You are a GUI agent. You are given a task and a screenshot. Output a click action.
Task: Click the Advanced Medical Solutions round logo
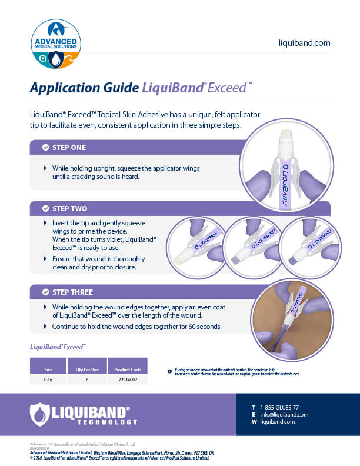pos(55,44)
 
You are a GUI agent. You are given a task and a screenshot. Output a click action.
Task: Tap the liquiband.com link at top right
pos(304,43)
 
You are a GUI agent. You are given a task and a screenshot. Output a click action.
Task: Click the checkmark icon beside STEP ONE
pos(45,147)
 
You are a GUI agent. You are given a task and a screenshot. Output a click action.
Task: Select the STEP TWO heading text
pos(71,209)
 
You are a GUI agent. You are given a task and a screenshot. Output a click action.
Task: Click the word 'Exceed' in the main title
pos(230,89)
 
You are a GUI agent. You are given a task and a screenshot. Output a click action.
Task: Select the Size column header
pos(48,370)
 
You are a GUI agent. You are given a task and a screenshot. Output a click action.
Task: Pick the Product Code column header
pos(126,370)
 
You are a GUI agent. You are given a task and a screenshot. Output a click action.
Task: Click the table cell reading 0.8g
pos(48,381)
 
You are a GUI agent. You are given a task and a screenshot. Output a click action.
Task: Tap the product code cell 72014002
pos(126,381)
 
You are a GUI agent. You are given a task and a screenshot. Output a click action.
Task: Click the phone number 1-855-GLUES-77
pos(279,407)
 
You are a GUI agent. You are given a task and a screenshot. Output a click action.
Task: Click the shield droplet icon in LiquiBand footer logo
pos(39,413)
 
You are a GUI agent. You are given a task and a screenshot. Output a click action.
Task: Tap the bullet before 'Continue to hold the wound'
pos(46,326)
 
